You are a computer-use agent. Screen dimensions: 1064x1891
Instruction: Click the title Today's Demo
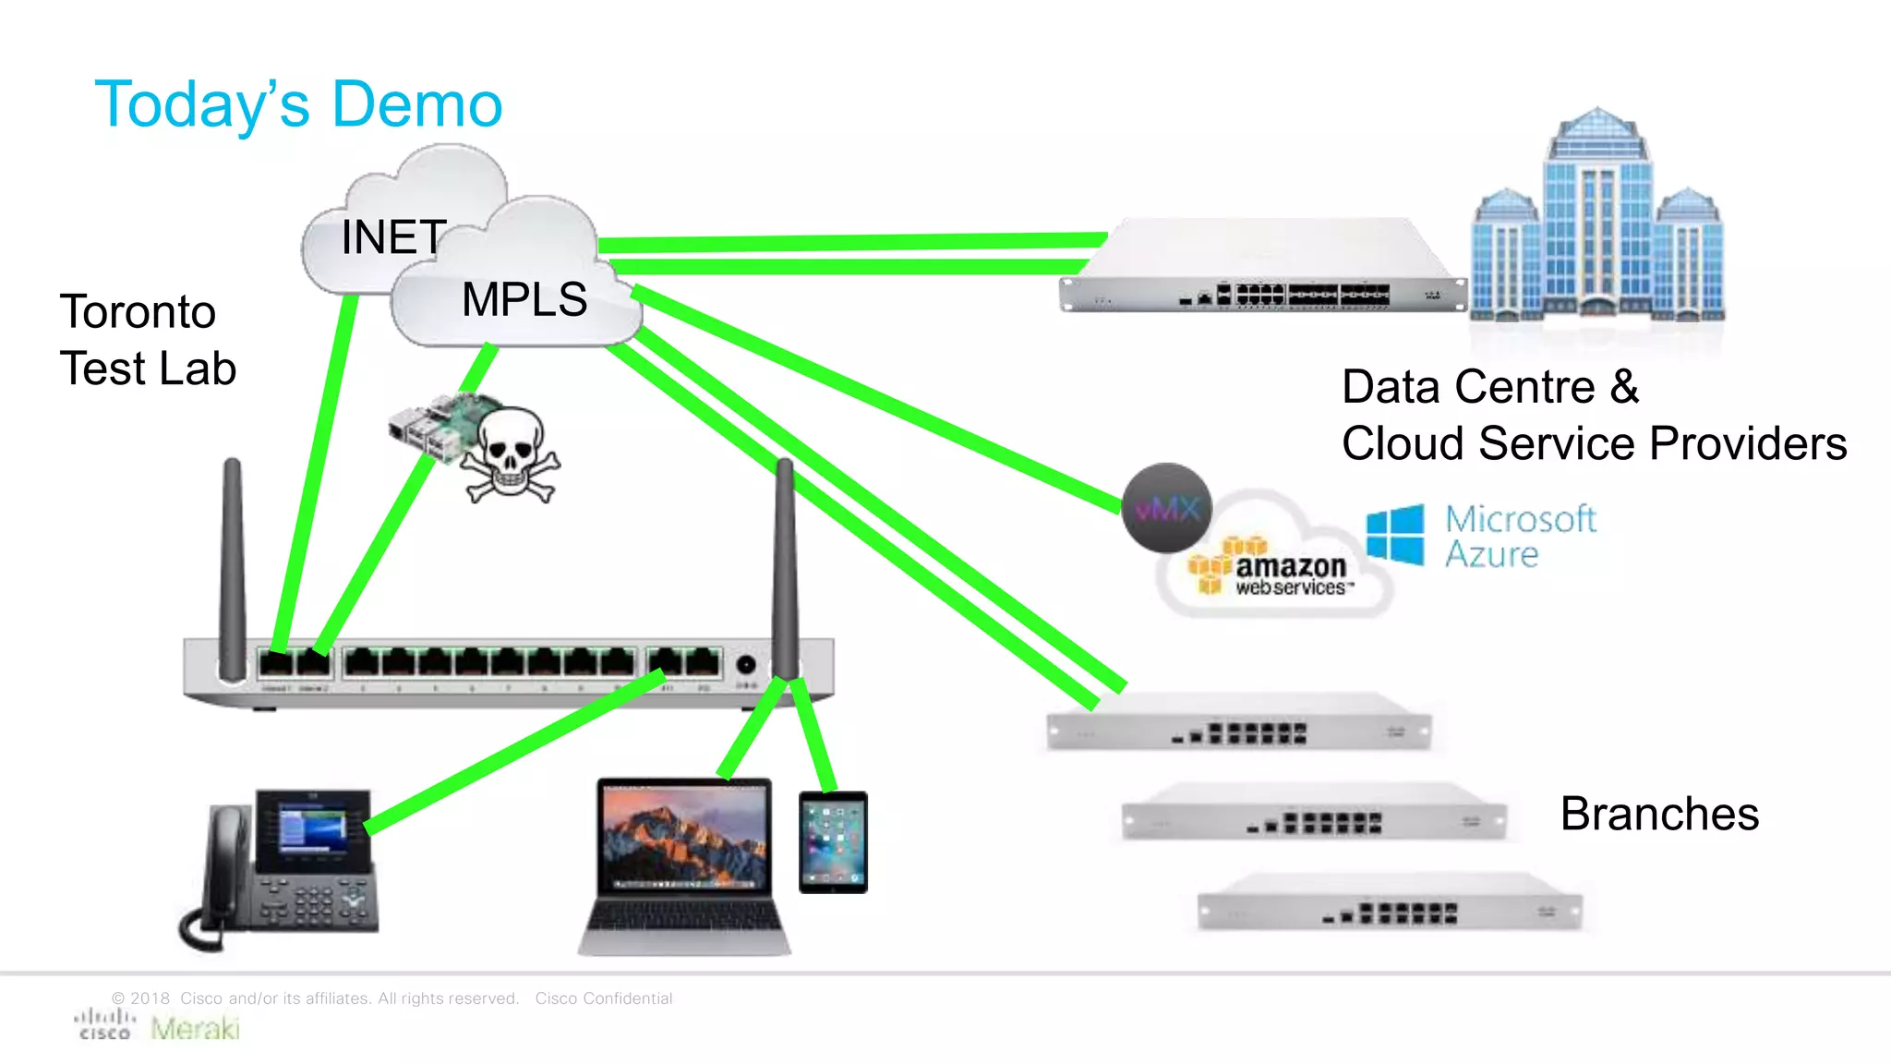298,104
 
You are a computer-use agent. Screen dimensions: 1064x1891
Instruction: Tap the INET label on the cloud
393,237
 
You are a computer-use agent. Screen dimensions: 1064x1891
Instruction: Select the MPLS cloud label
524,300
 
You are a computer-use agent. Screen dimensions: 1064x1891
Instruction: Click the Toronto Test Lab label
148,340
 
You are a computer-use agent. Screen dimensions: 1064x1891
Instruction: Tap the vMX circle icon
1166,508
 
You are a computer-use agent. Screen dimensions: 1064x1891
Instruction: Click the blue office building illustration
1596,222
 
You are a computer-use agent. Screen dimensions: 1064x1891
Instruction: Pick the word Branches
1659,814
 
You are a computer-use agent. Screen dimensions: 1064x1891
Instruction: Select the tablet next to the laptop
833,841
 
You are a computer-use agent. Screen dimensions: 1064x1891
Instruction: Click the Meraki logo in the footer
195,1028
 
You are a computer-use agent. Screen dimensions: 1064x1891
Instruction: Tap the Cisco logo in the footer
104,1024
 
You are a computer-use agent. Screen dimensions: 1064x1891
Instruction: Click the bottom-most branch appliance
1390,902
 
